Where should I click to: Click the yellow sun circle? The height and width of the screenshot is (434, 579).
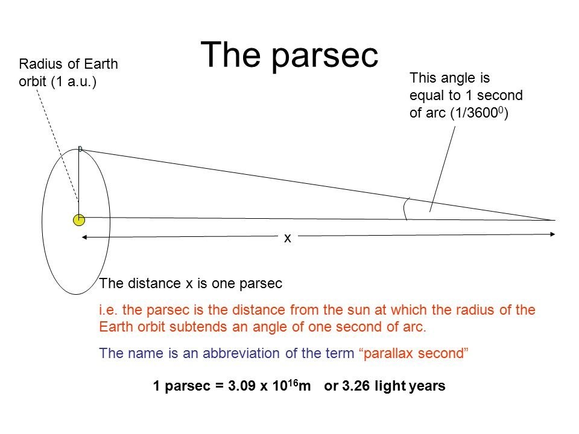[79, 220]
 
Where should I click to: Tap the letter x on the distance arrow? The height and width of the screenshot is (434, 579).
[288, 239]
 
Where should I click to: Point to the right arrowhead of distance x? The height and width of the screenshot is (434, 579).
[552, 234]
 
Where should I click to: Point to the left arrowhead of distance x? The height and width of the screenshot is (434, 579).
[84, 237]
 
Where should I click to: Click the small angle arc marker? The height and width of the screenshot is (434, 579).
[405, 209]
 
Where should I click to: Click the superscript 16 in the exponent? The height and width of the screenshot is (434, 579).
[293, 382]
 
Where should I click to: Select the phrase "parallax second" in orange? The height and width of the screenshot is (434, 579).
[414, 354]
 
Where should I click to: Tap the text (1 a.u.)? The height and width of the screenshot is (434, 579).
[74, 81]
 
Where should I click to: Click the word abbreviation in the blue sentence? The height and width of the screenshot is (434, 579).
[241, 353]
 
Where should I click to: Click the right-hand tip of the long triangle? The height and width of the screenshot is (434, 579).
[555, 221]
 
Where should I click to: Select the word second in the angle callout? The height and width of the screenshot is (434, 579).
[500, 95]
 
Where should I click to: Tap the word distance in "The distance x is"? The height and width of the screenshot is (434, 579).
[154, 283]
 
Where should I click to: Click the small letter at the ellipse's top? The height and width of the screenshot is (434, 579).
[80, 149]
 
